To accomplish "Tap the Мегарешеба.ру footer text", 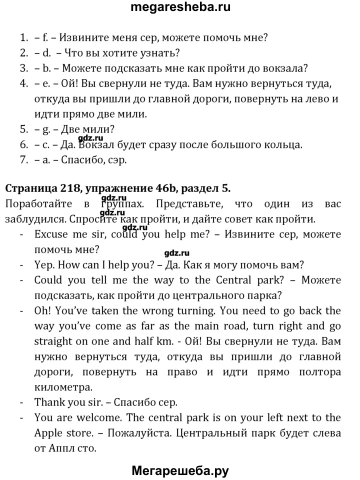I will [x=180, y=470].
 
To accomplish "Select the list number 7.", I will [x=24, y=160].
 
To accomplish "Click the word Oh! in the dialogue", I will [x=43, y=311].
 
